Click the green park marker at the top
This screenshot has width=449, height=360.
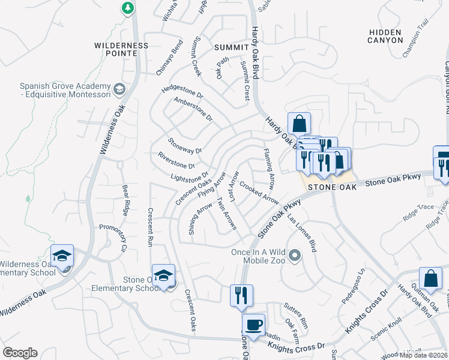pyautogui.click(x=127, y=8)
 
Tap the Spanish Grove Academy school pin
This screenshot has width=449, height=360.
pyautogui.click(x=119, y=89)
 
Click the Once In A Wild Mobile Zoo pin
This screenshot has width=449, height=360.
pyautogui.click(x=294, y=257)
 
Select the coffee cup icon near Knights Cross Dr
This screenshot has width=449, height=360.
pyautogui.click(x=253, y=324)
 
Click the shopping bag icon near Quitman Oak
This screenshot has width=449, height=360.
pyautogui.click(x=430, y=278)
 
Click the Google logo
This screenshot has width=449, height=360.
pyautogui.click(x=20, y=353)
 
